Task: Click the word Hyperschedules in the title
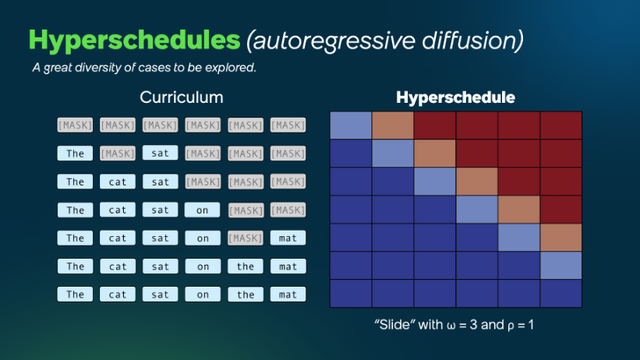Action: pos(130,40)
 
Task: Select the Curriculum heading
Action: pos(181,98)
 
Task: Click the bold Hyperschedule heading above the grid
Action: pos(456,98)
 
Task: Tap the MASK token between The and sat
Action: pos(117,154)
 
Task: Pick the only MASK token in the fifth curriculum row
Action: pos(245,238)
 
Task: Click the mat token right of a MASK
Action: pos(288,238)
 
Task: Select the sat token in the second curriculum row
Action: pos(160,154)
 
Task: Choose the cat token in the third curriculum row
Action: pos(117,182)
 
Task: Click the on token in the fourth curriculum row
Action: pos(203,210)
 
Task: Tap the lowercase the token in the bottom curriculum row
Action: pos(245,294)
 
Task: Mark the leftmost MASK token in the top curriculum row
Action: pos(74,125)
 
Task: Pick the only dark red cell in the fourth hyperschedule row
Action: pos(561,209)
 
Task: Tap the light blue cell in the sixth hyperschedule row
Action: pos(561,265)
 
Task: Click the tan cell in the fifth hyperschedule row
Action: pos(561,237)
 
